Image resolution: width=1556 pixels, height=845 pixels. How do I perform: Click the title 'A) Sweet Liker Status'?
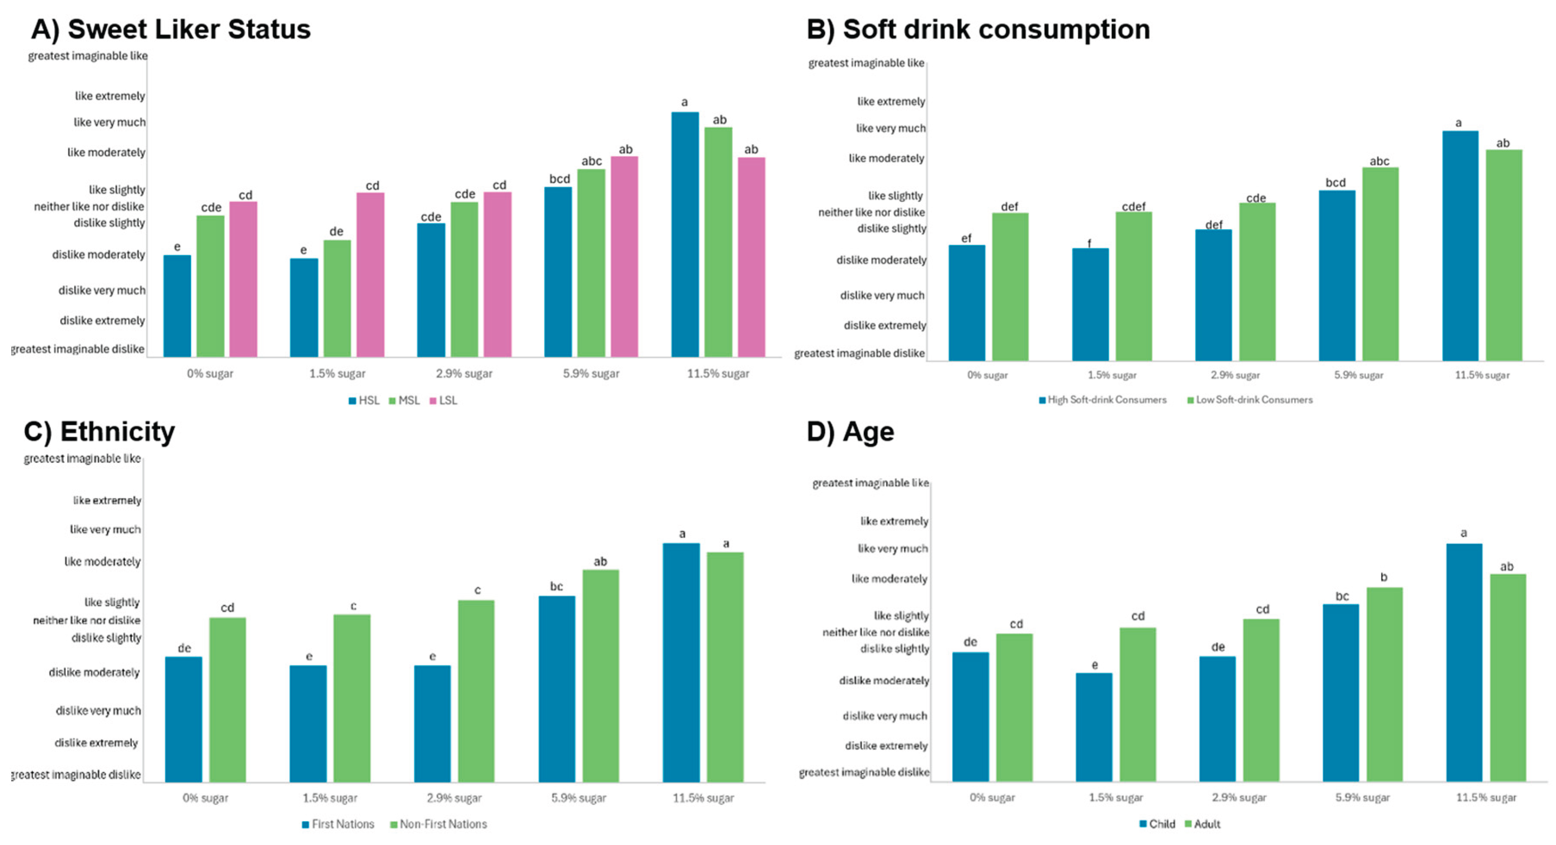click(x=170, y=29)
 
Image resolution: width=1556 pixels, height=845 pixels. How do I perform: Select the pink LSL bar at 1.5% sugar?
click(x=370, y=274)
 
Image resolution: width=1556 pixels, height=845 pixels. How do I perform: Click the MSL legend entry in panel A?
click(x=404, y=401)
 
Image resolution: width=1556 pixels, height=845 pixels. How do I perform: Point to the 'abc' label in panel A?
click(x=591, y=161)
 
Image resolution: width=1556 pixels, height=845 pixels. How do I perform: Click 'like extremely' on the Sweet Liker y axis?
click(x=110, y=96)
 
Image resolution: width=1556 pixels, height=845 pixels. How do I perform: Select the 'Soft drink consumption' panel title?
click(x=978, y=29)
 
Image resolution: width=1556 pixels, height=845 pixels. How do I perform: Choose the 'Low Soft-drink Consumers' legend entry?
click(x=1250, y=400)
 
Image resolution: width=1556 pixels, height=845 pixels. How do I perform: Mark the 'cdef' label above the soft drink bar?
click(x=1133, y=207)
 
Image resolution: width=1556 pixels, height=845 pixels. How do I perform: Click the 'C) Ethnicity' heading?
click(x=100, y=432)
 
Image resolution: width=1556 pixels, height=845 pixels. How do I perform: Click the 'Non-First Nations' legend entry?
click(x=439, y=824)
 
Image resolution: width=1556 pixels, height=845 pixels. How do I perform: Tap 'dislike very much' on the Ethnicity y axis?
click(x=99, y=710)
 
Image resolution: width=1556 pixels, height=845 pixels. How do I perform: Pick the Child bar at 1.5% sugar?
click(x=1093, y=727)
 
